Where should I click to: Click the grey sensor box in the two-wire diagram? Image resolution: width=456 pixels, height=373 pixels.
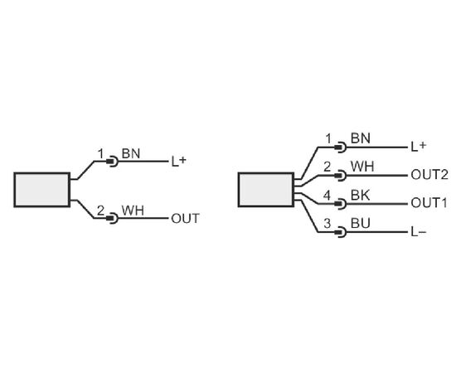42,190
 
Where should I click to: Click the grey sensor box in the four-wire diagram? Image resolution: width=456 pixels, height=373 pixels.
266,190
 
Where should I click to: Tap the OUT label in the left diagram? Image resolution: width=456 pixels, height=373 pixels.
185,219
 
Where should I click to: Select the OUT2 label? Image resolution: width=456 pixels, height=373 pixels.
429,175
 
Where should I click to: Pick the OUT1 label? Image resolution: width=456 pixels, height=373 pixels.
429,203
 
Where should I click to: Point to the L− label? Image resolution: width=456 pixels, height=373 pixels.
419,232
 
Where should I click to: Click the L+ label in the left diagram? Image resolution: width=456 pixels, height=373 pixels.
178,162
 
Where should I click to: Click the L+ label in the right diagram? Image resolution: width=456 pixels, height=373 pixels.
419,147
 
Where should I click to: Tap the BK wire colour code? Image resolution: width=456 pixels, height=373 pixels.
361,196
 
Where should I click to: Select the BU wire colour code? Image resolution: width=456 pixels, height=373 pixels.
361,223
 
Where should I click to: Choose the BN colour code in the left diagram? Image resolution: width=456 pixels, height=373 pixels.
131,153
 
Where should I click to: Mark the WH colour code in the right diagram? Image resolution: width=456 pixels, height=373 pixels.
362,167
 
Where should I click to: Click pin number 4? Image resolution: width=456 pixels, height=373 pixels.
327,196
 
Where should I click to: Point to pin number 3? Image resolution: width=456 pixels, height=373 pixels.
327,224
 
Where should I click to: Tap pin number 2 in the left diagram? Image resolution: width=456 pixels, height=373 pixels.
100,211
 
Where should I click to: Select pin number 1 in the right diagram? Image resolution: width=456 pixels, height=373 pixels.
328,138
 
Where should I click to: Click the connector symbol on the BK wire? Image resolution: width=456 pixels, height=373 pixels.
340,204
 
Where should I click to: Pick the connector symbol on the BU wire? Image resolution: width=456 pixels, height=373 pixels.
340,232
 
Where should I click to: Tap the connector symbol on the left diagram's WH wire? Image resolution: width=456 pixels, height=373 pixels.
112,218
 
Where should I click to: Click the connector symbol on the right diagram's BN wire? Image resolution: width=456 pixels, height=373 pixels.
340,147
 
